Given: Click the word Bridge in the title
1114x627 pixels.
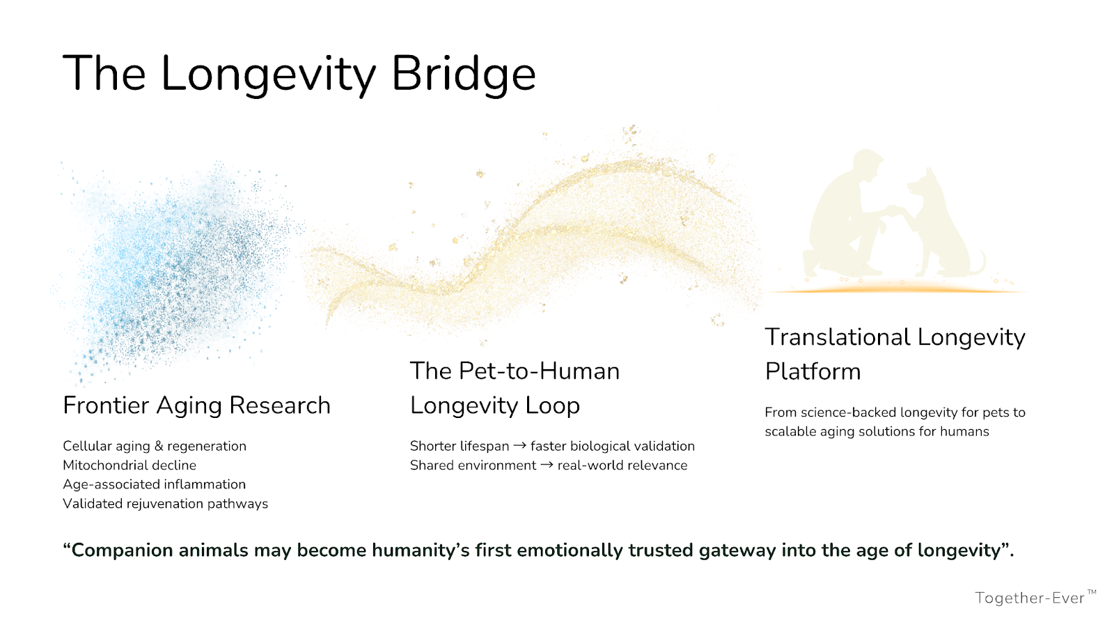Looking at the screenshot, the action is click(464, 75).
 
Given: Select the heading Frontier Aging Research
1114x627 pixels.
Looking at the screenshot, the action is click(196, 405).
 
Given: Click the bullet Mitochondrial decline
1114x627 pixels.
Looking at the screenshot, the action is click(130, 465).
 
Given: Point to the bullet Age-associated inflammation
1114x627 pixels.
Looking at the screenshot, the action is click(154, 484).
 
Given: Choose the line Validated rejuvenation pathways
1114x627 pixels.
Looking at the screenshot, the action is click(165, 504).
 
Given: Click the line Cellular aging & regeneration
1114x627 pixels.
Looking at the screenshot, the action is click(154, 446).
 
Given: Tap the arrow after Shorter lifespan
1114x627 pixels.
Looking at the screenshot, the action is click(519, 446).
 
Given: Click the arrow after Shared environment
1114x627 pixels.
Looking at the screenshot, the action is click(547, 465).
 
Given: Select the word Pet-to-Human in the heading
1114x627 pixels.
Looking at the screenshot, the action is click(539, 371).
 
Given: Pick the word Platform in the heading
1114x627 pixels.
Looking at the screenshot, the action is click(813, 372).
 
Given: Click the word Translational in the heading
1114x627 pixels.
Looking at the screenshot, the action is click(838, 337).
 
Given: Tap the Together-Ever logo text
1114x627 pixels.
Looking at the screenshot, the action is click(1030, 598).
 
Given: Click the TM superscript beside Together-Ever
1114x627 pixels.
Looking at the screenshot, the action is click(1092, 592).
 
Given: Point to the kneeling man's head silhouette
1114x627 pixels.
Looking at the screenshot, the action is click(867, 165).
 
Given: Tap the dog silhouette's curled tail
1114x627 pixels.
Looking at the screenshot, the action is click(979, 264).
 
